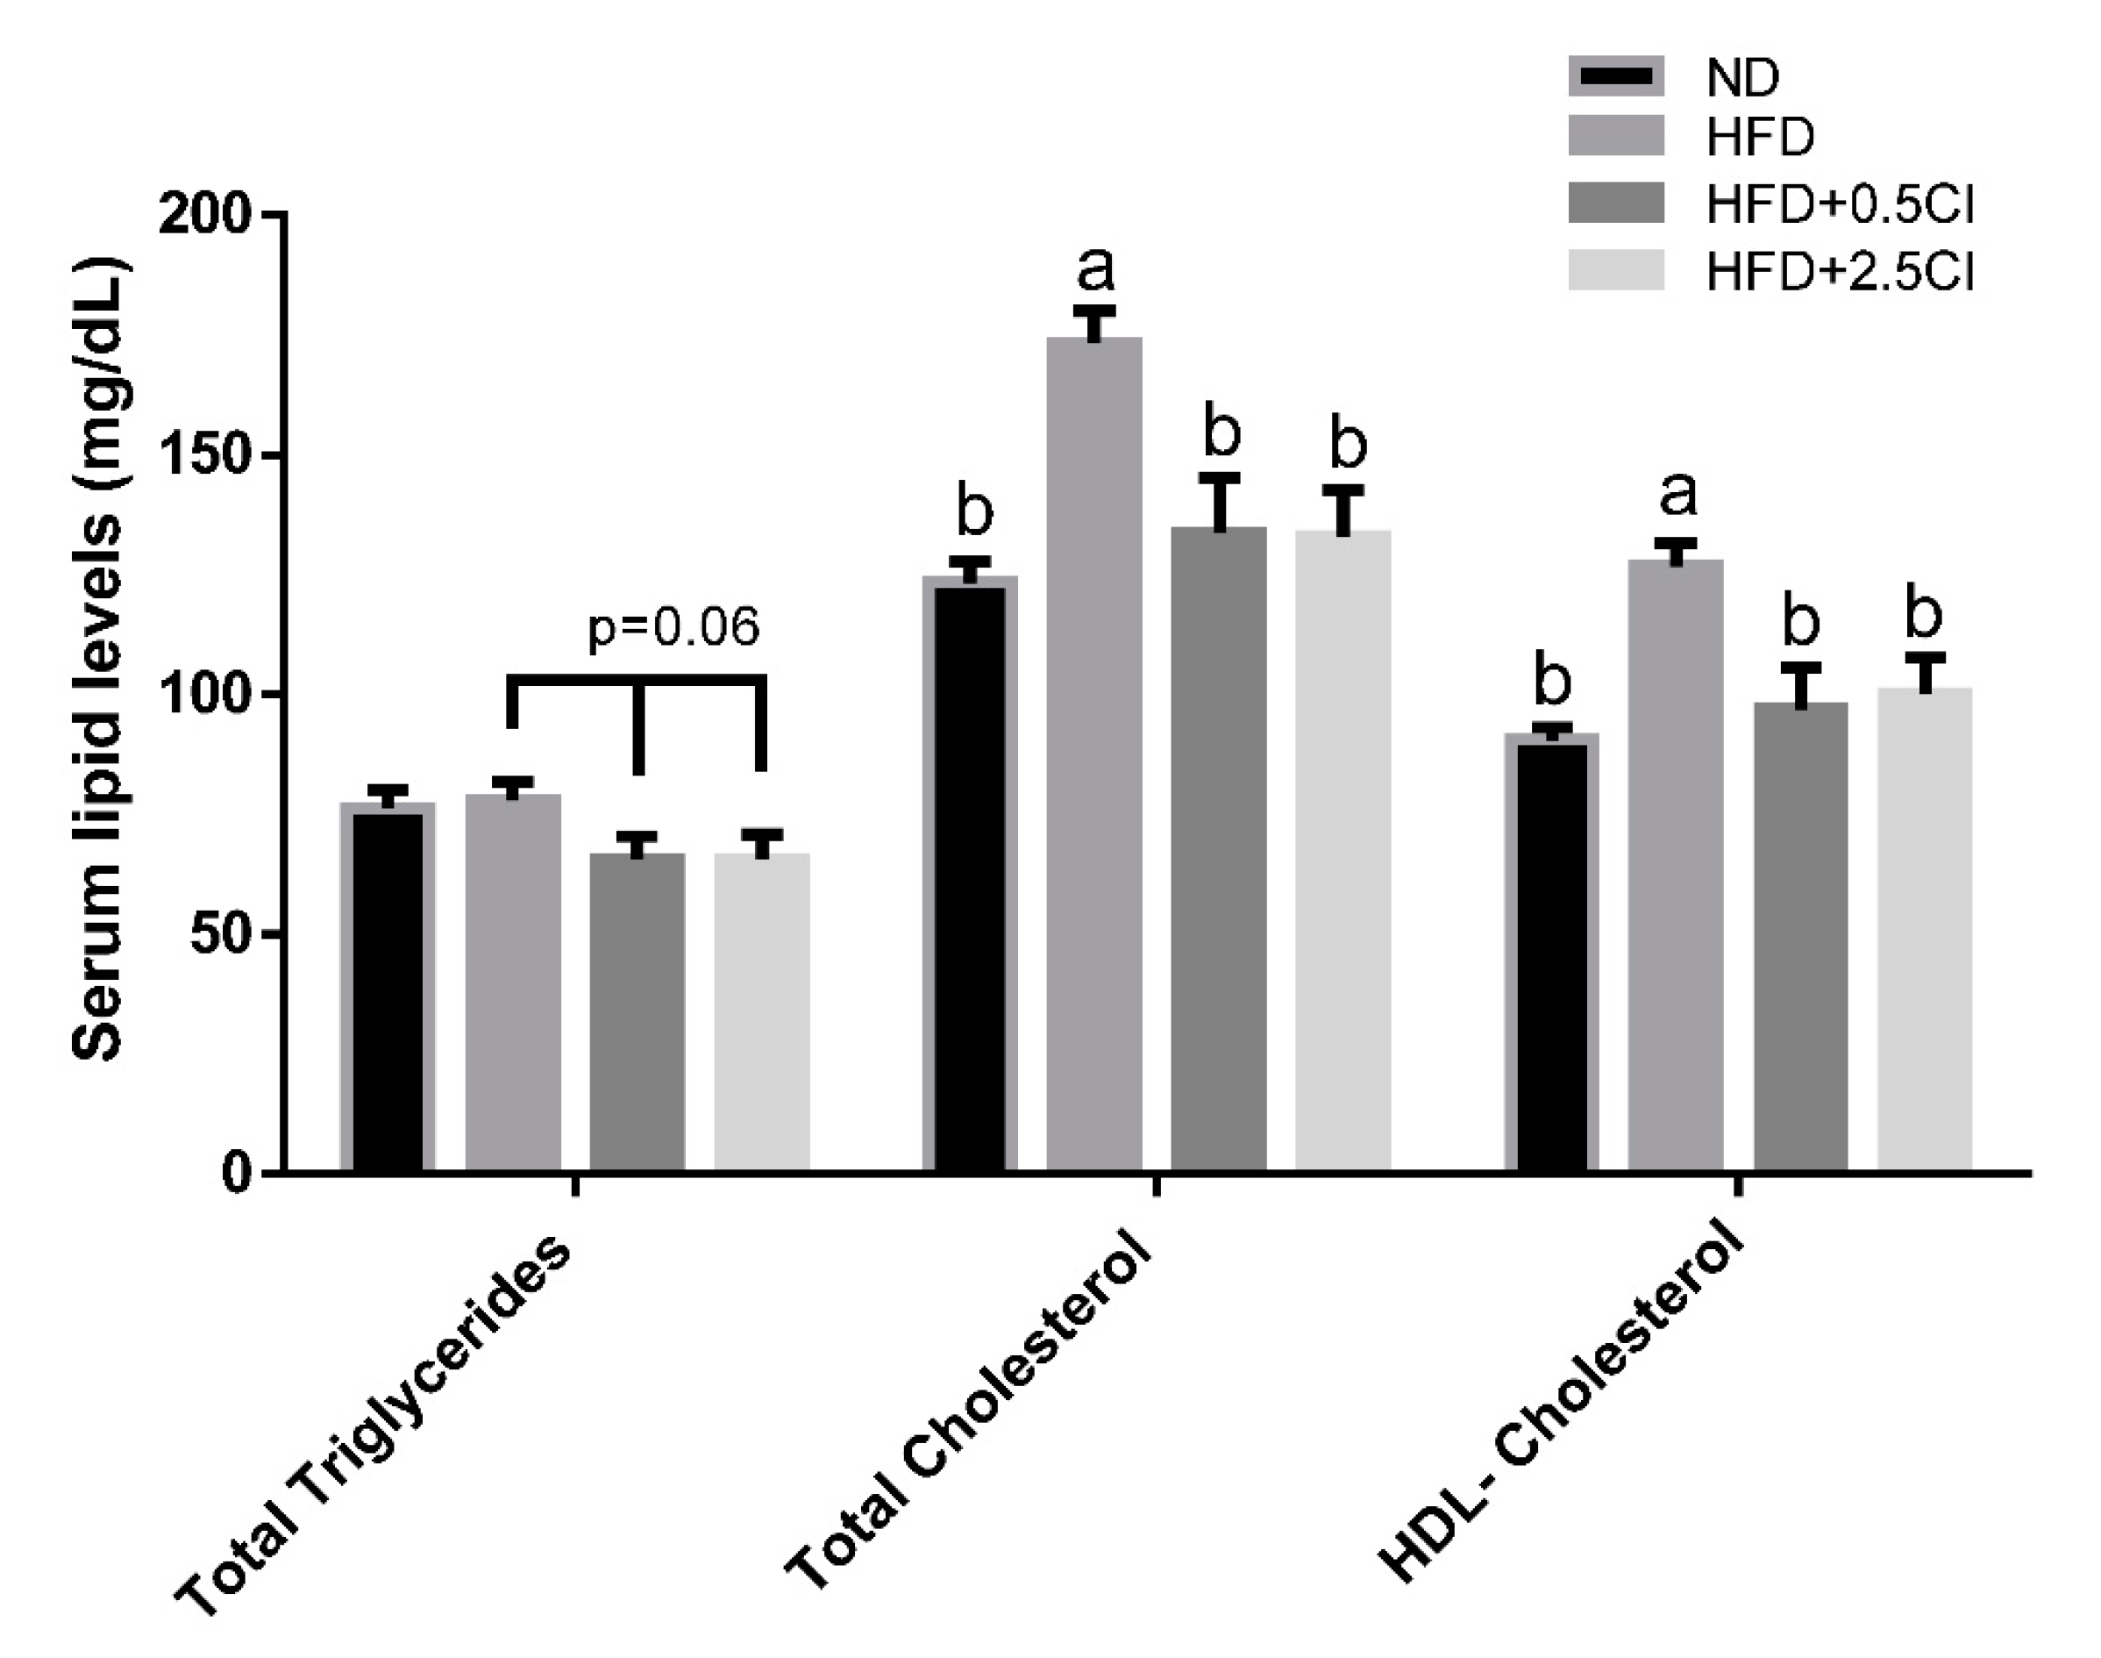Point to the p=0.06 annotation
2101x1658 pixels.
point(673,628)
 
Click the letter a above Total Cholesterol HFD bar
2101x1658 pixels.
point(1095,269)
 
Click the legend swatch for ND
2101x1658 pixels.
point(1616,76)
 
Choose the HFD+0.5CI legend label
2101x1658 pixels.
point(1839,204)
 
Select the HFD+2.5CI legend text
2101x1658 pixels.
point(1839,273)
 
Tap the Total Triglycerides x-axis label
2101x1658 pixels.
point(374,1427)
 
